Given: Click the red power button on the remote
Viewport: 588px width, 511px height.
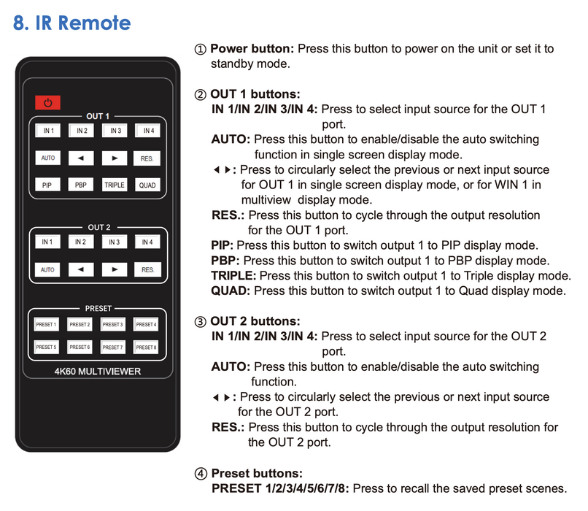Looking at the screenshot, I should [x=47, y=104].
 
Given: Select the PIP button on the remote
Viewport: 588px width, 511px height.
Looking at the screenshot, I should [x=47, y=185].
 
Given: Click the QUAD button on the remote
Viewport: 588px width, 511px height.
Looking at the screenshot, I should [x=147, y=185].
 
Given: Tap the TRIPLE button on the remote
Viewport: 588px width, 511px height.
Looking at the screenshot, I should [x=114, y=185].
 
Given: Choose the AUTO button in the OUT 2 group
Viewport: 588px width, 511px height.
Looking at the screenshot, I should [x=47, y=269].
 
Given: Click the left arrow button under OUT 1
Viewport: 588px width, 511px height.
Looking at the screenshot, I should [x=80, y=158].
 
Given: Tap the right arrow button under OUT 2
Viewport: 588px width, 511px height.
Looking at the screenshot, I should [x=114, y=269].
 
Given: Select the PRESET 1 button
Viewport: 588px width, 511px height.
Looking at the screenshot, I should [x=46, y=324].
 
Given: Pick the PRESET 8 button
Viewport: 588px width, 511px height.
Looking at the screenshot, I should [x=146, y=347].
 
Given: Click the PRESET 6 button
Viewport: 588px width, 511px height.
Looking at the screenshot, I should [x=80, y=347].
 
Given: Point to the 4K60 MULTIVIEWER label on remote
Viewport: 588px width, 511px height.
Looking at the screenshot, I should [x=98, y=372].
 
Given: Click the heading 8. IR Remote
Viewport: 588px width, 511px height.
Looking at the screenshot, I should [x=72, y=23].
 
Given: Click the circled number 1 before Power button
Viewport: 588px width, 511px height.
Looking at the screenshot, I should [x=201, y=50].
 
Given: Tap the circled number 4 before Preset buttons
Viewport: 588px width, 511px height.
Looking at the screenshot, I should [x=201, y=473].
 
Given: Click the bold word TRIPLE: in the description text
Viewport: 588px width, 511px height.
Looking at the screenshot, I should [x=233, y=276].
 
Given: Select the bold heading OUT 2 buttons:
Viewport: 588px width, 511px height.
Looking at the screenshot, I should [x=253, y=321].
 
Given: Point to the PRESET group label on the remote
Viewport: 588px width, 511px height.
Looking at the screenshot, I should [x=98, y=309].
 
